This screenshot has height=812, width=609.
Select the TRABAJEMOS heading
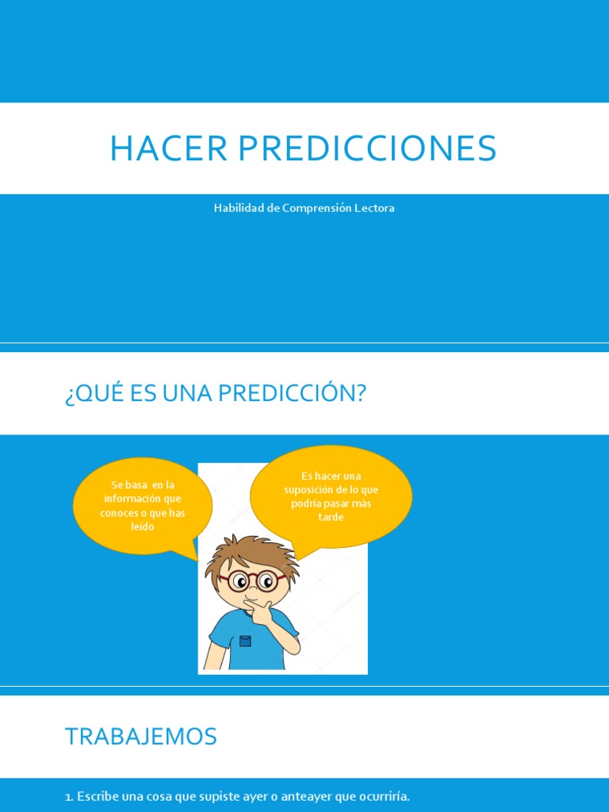140,737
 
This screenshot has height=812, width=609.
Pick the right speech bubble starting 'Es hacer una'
331,496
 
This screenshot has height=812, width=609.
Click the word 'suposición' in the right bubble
308,490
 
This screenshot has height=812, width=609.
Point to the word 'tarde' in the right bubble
331,518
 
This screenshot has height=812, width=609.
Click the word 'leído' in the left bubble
142,527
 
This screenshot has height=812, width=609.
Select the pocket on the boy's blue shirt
245,641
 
